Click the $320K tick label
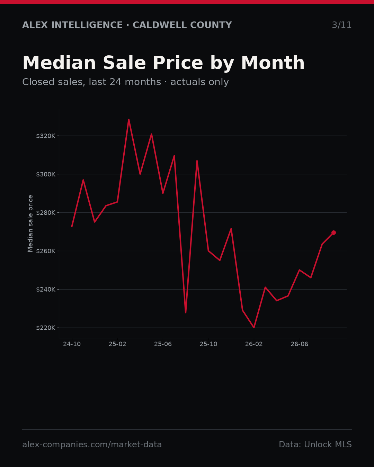[46, 136]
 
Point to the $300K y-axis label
[46, 174]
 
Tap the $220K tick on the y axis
[46, 328]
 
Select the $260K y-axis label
[46, 251]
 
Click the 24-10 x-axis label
[72, 344]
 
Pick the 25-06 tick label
[163, 344]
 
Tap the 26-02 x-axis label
[254, 344]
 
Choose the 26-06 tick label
[300, 344]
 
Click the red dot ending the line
[333, 232]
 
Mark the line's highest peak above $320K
[129, 119]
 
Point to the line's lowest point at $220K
[254, 328]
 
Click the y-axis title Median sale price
[30, 223]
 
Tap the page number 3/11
[342, 25]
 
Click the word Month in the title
[273, 63]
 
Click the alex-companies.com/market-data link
[92, 445]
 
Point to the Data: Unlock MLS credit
[315, 445]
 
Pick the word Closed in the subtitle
[38, 82]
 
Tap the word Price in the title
[178, 63]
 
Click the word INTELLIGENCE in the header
[87, 25]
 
